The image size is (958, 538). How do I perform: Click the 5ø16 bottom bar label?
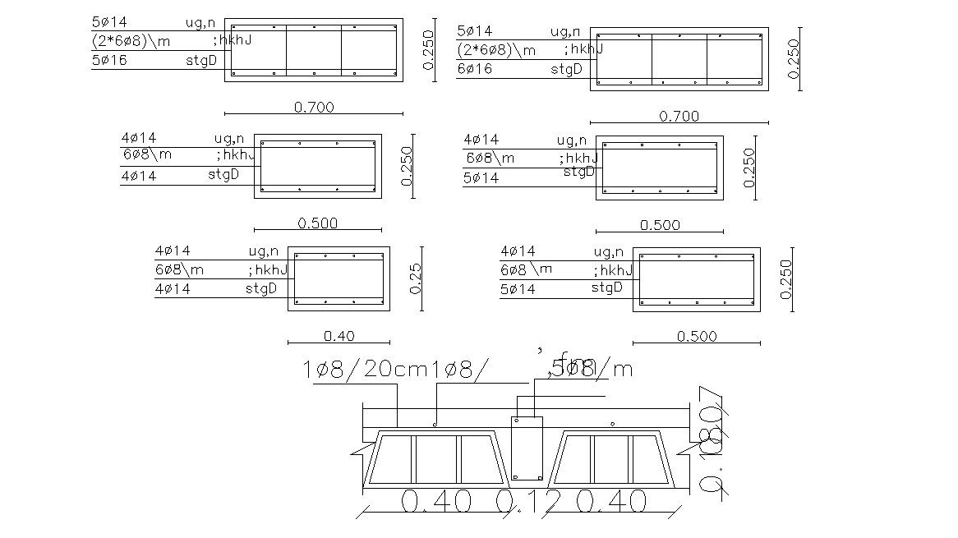pyautogui.click(x=109, y=60)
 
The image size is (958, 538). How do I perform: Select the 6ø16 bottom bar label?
pyautogui.click(x=474, y=69)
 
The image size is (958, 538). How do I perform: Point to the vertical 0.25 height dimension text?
pyautogui.click(x=416, y=278)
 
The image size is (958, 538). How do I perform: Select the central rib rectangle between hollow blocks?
pyautogui.click(x=527, y=448)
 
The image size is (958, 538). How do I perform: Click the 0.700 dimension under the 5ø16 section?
pyautogui.click(x=314, y=107)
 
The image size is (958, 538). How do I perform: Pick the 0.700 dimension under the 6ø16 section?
pyautogui.click(x=679, y=117)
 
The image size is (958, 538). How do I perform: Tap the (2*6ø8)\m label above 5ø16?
pyautogui.click(x=131, y=40)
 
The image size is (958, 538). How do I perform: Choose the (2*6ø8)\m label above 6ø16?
pyautogui.click(x=496, y=50)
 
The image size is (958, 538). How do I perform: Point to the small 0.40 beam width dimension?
pyautogui.click(x=339, y=336)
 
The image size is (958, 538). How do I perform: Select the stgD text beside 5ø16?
pyautogui.click(x=201, y=59)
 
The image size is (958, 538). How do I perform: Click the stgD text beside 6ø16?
pyautogui.click(x=566, y=69)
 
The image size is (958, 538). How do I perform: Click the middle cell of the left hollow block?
pyautogui.click(x=435, y=459)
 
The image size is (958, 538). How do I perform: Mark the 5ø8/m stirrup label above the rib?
pyautogui.click(x=587, y=369)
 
